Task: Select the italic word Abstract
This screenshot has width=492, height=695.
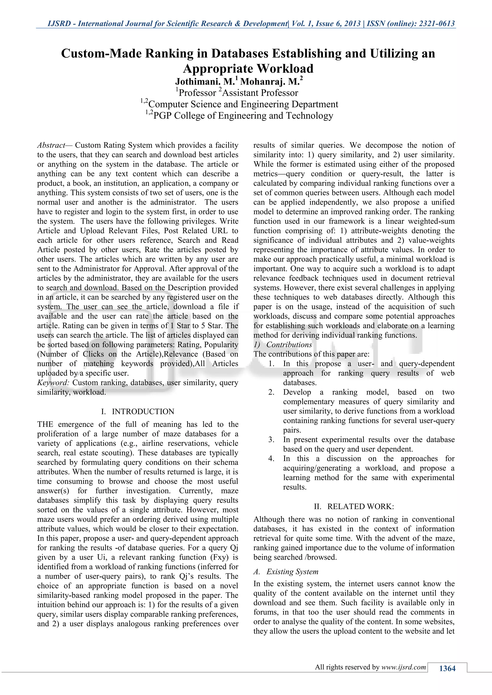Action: tap(51, 145)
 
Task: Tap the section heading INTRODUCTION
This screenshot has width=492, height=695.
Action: tap(143, 412)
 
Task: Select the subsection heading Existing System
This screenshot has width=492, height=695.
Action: tap(292, 571)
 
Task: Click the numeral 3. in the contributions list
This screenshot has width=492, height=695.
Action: tap(271, 439)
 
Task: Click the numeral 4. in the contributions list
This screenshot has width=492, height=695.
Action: tap(271, 459)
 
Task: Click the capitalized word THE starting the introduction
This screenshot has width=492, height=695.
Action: tap(45, 424)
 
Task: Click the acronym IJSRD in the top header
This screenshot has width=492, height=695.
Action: tap(59, 24)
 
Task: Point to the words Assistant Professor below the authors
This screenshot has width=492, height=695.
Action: tap(260, 93)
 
